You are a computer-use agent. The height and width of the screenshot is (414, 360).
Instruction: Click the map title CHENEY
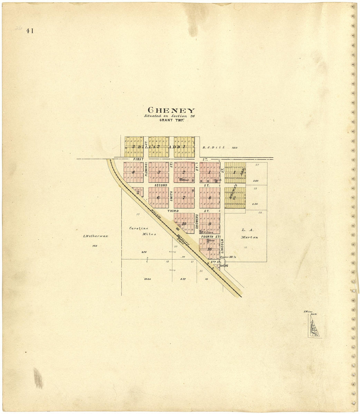171,110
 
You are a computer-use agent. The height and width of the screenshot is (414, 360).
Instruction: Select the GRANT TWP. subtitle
171,120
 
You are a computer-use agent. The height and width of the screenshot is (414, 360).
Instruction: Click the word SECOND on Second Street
161,185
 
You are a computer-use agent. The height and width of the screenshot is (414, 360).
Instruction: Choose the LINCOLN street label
222,246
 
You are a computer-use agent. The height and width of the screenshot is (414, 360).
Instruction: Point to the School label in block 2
186,180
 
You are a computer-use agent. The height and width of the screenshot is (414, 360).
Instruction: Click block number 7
184,198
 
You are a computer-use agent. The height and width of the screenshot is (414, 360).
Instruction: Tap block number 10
184,224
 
